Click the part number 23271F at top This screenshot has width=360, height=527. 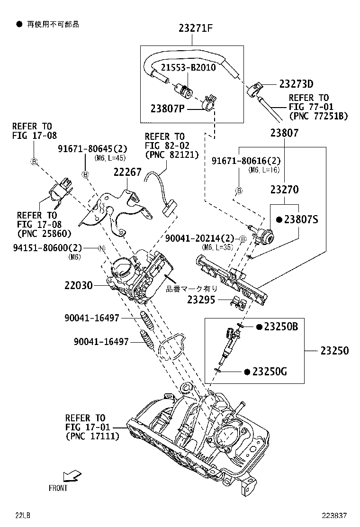tap(195, 28)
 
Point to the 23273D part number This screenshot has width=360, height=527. tap(296, 84)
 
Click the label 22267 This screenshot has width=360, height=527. tap(127, 172)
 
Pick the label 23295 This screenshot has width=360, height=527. tap(201, 300)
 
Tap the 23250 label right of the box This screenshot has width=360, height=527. tap(334, 351)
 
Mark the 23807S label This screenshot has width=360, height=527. tap(300, 219)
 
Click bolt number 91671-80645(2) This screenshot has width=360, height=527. tap(87, 149)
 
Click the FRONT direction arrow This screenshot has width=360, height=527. tap(72, 475)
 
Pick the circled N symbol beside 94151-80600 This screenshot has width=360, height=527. tap(101, 248)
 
